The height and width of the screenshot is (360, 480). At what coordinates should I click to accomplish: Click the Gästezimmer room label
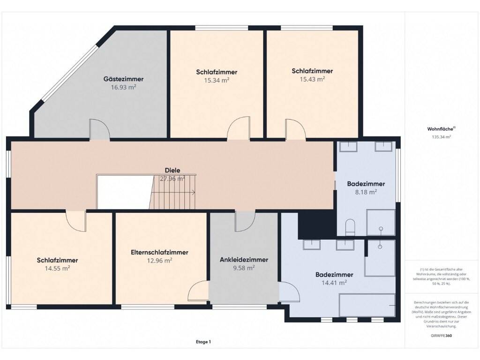pos(123,79)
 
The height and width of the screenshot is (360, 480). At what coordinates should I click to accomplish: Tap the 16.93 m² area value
pos(123,87)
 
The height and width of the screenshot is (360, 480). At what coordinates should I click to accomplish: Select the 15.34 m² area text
pos(217,80)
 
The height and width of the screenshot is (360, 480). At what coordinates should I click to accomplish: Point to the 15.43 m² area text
pos(312,79)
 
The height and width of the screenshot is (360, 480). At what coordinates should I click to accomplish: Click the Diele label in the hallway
pos(172,170)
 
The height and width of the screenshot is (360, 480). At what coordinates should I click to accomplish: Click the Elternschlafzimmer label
pos(159,252)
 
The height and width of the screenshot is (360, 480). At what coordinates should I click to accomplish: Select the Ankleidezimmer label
pos(244,260)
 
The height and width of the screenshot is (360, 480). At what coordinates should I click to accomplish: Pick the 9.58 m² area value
pos(244,268)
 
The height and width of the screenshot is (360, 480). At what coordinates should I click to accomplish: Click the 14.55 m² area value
pos(58,269)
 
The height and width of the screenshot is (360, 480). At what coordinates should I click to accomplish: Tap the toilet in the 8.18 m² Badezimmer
pos(350,227)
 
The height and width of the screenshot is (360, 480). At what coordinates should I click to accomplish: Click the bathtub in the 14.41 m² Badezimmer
pos(367,305)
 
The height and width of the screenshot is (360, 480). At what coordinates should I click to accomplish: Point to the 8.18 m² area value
pos(366,192)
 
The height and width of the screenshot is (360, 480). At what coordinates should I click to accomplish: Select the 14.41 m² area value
pos(334,283)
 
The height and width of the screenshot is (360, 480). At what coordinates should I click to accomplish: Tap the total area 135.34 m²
pos(441,137)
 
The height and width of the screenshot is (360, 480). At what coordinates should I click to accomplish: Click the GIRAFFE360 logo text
pos(441,336)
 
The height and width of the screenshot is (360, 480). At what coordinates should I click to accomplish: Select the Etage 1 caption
pos(203,342)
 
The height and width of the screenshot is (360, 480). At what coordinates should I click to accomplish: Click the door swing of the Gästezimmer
pos(99,129)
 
